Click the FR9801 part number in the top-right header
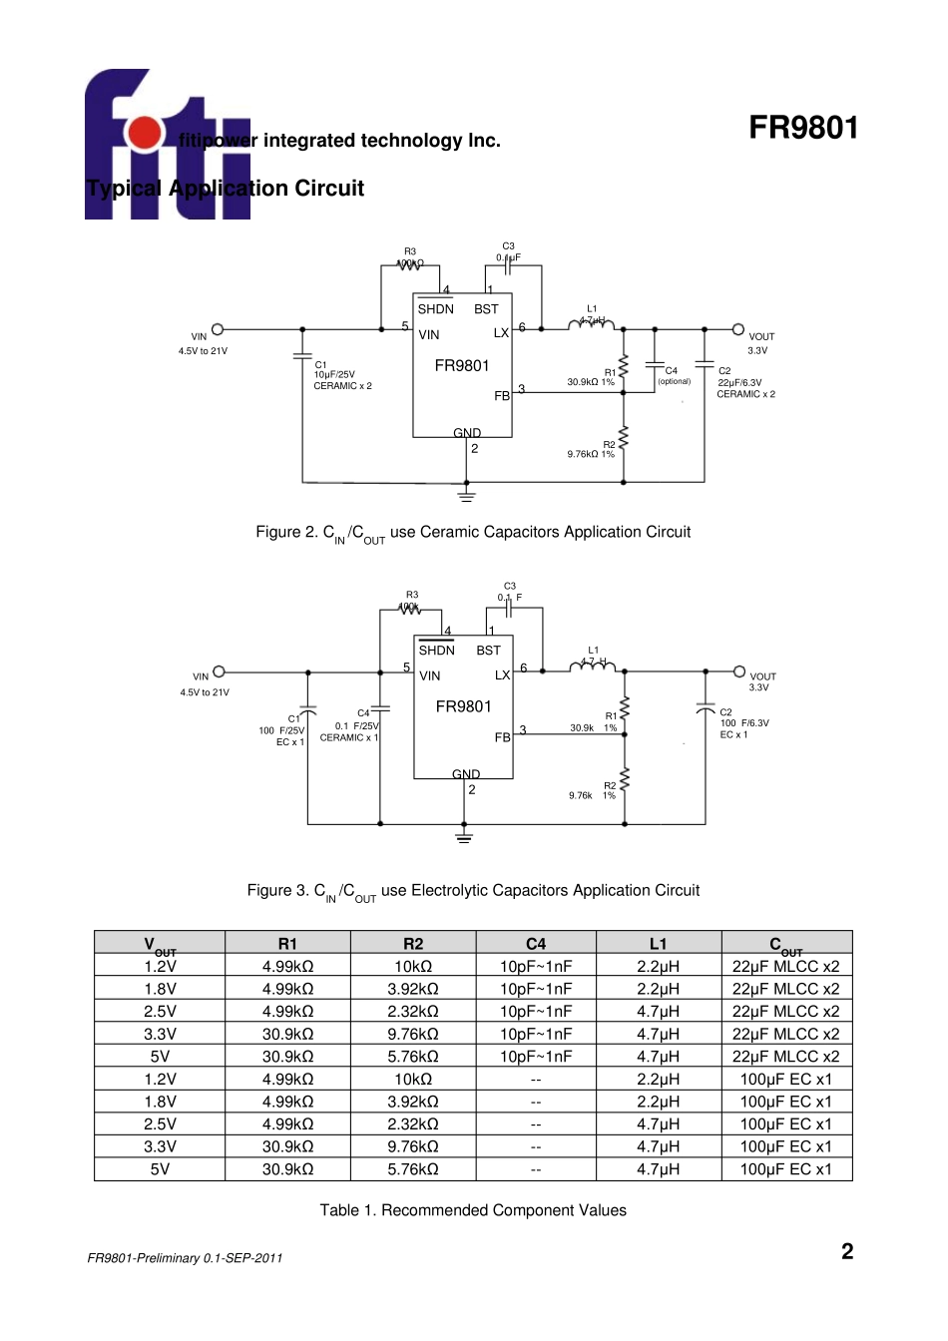[802, 128]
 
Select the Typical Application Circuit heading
[226, 189]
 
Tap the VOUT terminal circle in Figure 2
[737, 329]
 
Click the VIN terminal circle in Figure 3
[220, 671]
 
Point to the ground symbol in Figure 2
[466, 494]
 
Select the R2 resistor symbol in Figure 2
[624, 438]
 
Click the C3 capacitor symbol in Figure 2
[509, 266]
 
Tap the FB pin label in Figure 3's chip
[502, 737]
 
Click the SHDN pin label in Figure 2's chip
[435, 309]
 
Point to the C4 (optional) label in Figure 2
[674, 376]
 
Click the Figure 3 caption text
[473, 891]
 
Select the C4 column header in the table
[536, 943]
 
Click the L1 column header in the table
[658, 943]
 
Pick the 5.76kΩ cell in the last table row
[413, 1169]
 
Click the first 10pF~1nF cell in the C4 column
[536, 966]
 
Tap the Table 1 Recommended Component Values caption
[473, 1210]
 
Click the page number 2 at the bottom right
[847, 1252]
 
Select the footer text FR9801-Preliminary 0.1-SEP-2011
[185, 1258]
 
